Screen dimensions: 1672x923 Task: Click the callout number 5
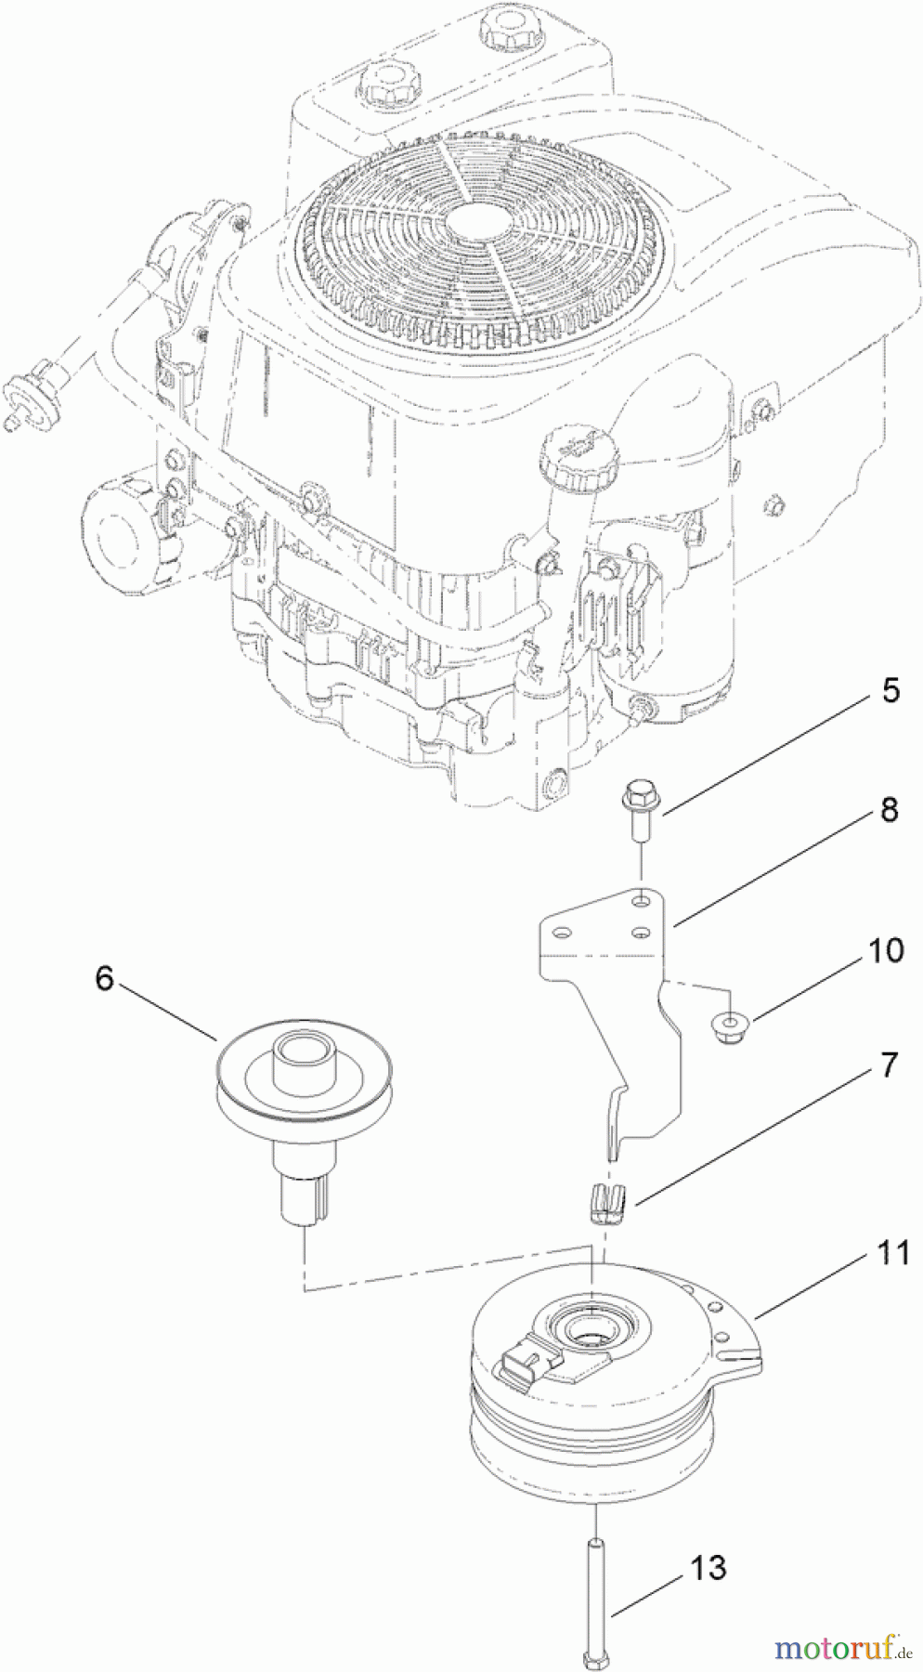(x=890, y=692)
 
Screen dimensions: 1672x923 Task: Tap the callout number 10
(x=885, y=951)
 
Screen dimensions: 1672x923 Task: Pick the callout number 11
(x=892, y=1253)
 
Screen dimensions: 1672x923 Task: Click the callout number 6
(x=104, y=978)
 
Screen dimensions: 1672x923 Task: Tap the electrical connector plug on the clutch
(x=525, y=1364)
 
